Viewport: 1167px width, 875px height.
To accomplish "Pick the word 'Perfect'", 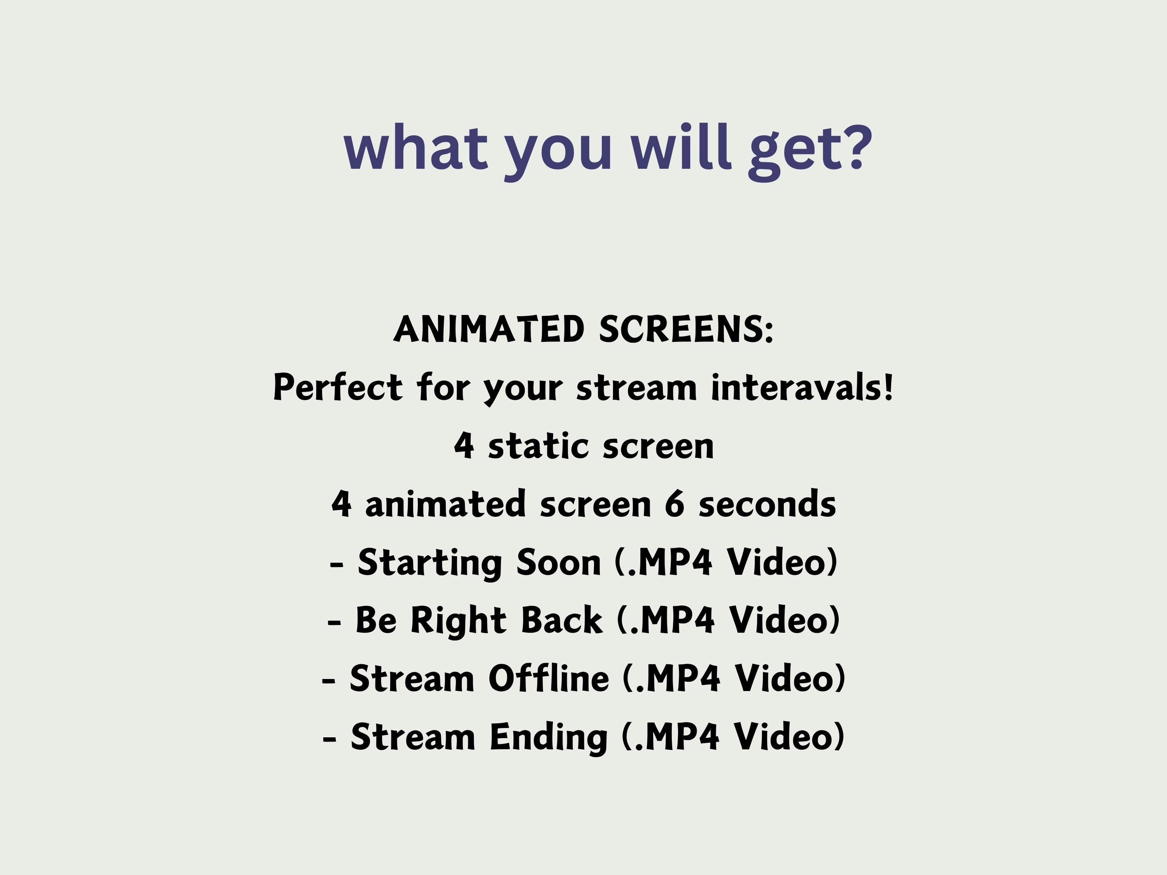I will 338,388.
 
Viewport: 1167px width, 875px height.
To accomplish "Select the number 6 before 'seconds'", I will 674,504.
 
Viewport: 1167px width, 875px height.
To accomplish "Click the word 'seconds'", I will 767,504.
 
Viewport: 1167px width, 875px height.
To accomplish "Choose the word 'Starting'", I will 429,563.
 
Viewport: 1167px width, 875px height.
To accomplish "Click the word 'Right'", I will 459,621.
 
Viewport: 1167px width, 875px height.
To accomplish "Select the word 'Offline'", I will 548,678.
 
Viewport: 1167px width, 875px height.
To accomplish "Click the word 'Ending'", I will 548,737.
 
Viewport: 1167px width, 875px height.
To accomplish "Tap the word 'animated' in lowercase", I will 446,504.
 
